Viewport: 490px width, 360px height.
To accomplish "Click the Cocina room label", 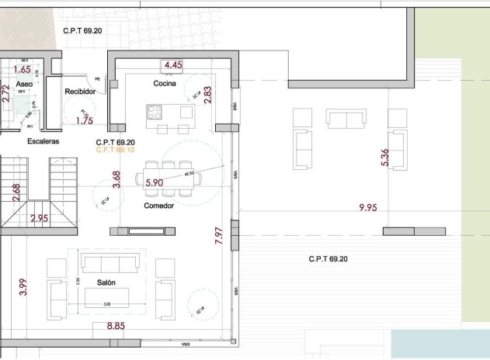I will coord(164,83).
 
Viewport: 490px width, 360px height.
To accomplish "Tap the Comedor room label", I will coord(158,206).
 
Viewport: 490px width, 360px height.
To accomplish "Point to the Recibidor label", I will coord(80,92).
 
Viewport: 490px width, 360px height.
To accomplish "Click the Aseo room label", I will coord(24,84).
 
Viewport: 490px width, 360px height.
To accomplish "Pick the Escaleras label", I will coord(43,142).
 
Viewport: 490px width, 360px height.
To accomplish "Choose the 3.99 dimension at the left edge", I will coord(23,287).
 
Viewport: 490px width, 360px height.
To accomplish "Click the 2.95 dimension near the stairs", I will coord(39,219).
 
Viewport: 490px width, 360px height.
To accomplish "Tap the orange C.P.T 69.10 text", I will coord(115,151).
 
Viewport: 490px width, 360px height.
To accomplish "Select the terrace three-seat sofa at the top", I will coord(345,119).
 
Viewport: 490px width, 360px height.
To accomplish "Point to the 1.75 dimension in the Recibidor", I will coord(84,121).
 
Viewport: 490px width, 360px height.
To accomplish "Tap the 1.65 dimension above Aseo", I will coord(22,69).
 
